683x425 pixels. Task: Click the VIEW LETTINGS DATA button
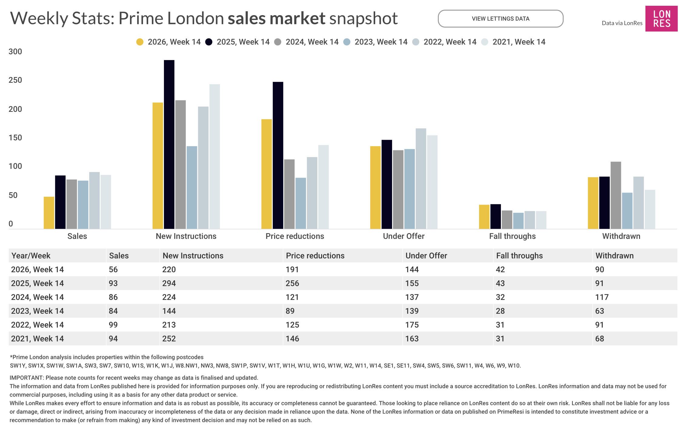(500, 19)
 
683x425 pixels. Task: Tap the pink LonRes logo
(661, 19)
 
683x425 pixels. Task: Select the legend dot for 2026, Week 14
(140, 42)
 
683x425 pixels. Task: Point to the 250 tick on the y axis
(15, 80)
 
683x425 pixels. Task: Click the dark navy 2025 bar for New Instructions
(169, 144)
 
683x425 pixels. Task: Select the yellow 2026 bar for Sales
(49, 213)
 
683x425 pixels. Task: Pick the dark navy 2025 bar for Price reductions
(278, 155)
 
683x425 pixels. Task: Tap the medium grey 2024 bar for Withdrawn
(616, 195)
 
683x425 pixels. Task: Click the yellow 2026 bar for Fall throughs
(484, 217)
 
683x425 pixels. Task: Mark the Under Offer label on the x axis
(404, 236)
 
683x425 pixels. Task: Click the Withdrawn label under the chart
(621, 236)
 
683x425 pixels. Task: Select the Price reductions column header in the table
(315, 256)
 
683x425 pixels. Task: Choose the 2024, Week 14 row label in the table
(38, 297)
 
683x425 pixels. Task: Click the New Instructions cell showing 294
(169, 283)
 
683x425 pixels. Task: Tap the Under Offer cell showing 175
(412, 325)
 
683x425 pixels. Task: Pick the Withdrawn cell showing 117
(602, 297)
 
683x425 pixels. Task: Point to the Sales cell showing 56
(113, 269)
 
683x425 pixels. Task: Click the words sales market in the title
(276, 18)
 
